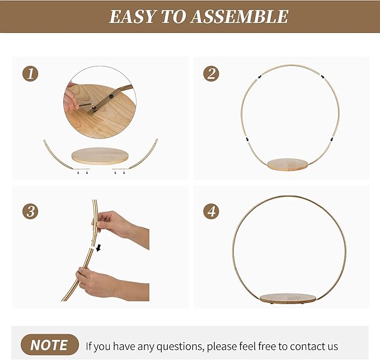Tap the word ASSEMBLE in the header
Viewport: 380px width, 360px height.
[x=240, y=16]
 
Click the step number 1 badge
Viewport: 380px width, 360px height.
[x=30, y=74]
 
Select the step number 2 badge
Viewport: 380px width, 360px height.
[x=211, y=74]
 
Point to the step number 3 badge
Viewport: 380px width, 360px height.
[x=30, y=211]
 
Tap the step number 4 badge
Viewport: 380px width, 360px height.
[x=211, y=211]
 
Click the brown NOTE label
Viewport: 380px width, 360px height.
[x=50, y=345]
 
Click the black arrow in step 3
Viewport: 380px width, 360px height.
[x=98, y=248]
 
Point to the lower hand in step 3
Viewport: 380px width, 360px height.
[x=112, y=284]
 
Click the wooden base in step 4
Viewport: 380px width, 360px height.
[x=288, y=299]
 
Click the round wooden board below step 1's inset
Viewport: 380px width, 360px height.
[x=100, y=156]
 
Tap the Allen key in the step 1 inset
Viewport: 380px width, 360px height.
[x=87, y=106]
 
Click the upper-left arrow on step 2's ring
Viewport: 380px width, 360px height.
[x=260, y=77]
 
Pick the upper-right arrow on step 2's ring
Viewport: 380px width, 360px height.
[x=323, y=77]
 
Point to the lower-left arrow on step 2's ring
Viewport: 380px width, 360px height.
[x=247, y=139]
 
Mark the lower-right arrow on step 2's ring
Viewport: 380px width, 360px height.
[x=331, y=139]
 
